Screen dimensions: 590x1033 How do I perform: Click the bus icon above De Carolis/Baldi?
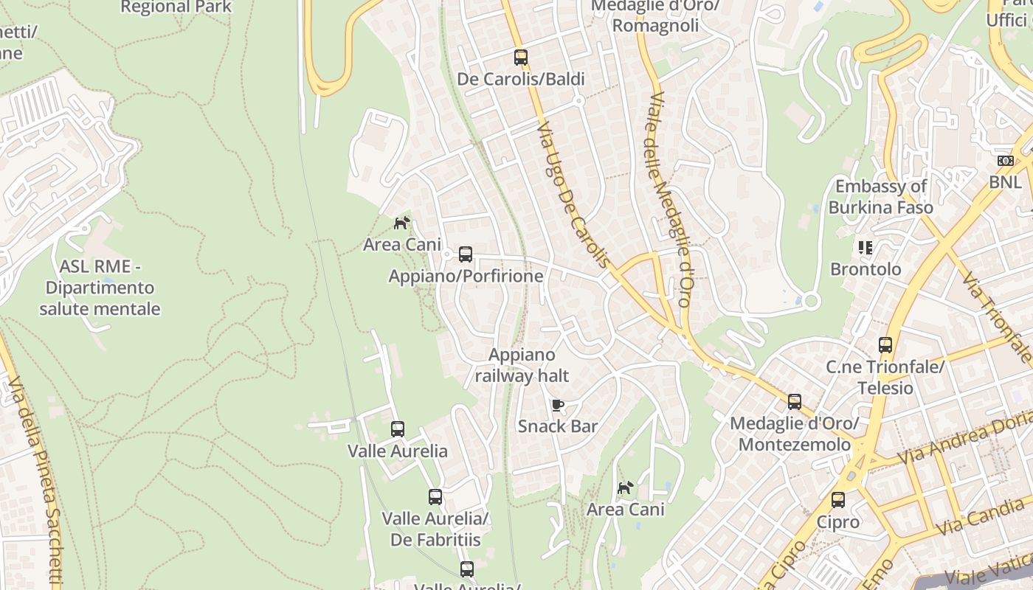tap(521, 57)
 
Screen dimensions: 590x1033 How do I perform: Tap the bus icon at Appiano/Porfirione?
tap(465, 254)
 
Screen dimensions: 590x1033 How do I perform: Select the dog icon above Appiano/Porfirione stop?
tap(401, 223)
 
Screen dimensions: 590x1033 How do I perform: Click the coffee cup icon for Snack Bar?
tap(558, 405)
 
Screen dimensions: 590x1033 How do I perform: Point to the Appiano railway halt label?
tap(522, 365)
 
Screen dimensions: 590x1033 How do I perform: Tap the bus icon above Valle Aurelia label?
tap(398, 428)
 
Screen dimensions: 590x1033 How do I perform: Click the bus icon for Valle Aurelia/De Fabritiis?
tap(435, 497)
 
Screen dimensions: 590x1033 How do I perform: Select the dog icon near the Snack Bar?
tap(625, 487)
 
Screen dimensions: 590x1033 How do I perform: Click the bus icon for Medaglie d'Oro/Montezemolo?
tap(794, 402)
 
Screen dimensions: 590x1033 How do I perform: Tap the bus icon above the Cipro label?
tap(838, 499)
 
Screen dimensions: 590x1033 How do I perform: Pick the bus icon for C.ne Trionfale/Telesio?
tap(885, 344)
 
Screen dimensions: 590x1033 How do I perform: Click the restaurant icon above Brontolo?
tap(866, 248)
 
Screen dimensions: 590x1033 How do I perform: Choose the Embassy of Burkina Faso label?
tap(880, 196)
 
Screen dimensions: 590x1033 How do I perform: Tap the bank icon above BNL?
tap(1005, 160)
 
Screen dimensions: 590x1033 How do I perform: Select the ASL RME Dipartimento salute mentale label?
tap(100, 288)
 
